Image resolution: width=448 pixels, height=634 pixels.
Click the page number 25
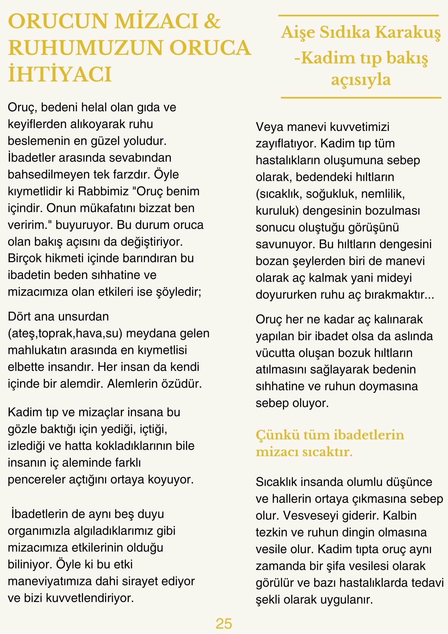[224, 623]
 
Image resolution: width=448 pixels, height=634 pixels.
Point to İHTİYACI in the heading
[60, 75]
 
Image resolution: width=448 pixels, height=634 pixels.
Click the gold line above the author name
[358, 16]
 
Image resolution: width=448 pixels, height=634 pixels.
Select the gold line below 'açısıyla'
[361, 98]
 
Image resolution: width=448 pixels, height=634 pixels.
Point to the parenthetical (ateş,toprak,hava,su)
[65, 333]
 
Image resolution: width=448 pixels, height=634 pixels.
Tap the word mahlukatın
[37, 350]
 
